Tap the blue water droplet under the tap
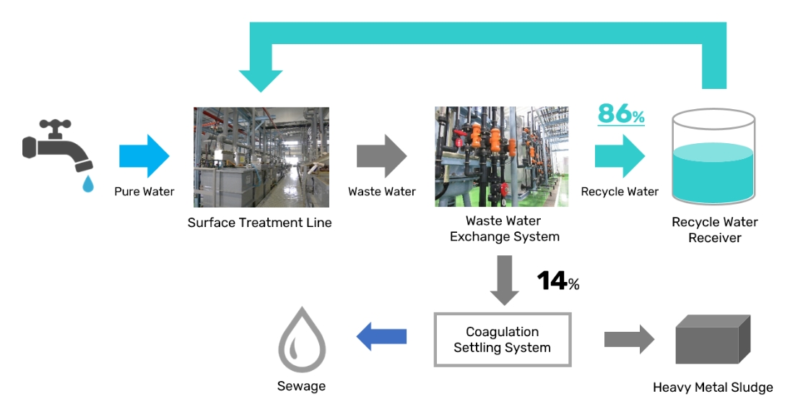tap(87, 184)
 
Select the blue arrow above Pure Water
tap(144, 155)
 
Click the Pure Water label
tap(144, 192)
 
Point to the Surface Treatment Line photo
tap(261, 157)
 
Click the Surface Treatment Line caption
tap(259, 223)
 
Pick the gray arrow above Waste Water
tap(381, 155)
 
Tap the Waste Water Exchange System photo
tap(501, 157)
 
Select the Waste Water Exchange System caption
tap(504, 228)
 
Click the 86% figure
tap(620, 114)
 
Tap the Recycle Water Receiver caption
tap(715, 230)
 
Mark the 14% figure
tap(557, 281)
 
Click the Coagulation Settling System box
tap(503, 339)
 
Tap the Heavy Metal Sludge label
tap(713, 388)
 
